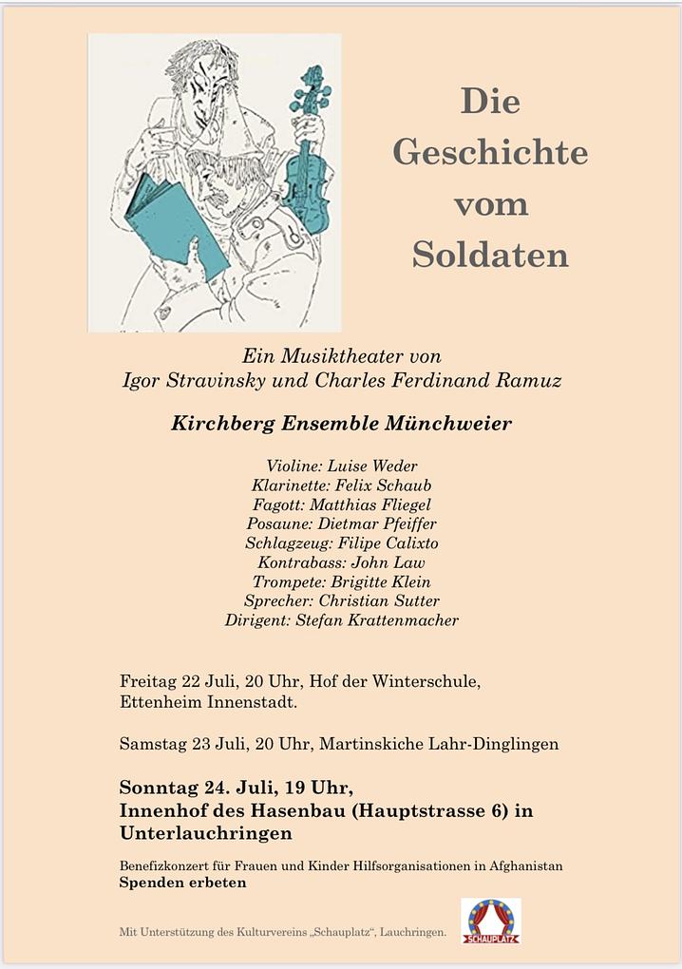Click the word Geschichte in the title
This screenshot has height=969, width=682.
[490, 153]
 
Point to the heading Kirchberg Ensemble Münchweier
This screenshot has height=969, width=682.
[341, 424]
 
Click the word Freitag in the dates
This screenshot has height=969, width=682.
[149, 682]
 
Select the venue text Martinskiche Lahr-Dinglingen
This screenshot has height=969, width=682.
[439, 744]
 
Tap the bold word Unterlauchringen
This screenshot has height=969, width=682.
[205, 833]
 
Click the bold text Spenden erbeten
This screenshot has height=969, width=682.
[182, 883]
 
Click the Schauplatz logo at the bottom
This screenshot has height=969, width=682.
[490, 921]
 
